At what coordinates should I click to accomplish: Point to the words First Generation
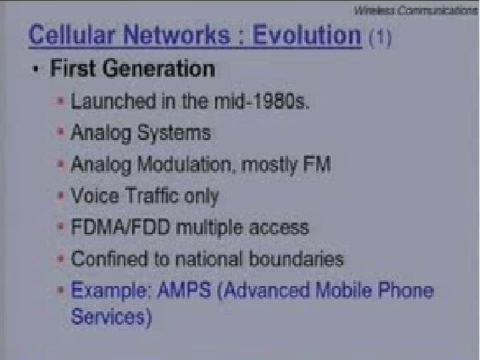(133, 69)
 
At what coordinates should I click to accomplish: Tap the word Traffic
(149, 195)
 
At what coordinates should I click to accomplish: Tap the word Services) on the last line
(108, 316)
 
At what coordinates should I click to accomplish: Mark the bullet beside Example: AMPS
(61, 291)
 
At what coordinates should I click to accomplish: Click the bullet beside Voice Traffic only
(61, 195)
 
